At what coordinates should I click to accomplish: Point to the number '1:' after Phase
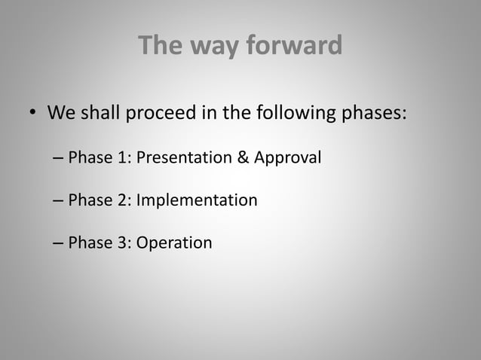[123, 158]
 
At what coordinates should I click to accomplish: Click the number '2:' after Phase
[123, 201]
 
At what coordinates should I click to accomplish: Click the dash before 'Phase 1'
[59, 159]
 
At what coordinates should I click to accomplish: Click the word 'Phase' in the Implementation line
[89, 201]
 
